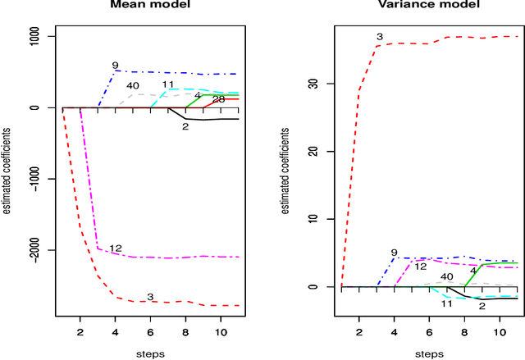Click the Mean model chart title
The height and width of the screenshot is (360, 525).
tap(150, 6)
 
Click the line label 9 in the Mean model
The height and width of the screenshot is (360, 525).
tap(116, 65)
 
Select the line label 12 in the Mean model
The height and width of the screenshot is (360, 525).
tap(116, 248)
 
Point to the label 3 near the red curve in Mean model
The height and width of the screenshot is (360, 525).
tap(150, 296)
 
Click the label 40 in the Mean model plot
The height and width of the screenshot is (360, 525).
tap(133, 85)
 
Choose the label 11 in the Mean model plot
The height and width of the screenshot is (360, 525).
tap(167, 84)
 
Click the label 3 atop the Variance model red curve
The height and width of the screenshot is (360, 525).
tap(380, 37)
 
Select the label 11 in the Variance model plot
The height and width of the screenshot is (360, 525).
tap(447, 303)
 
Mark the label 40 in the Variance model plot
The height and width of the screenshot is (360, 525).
tap(447, 277)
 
